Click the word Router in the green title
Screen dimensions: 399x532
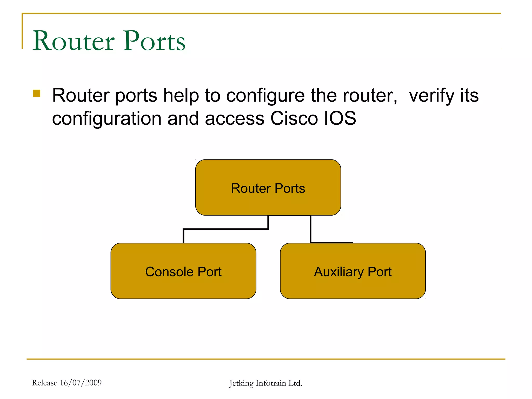coord(74,41)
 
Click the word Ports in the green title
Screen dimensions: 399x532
coord(154,41)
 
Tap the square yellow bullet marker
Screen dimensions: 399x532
coord(37,93)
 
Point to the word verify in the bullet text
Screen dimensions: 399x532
coord(431,96)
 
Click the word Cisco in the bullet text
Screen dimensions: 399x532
coord(294,118)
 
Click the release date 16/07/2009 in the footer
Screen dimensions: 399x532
coord(81,383)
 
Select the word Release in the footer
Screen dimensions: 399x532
coord(44,383)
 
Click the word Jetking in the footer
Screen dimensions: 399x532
coord(241,383)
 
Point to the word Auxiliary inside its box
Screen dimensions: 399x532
coord(338,272)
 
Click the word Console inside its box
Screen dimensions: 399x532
coord(169,272)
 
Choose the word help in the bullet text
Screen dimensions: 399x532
coord(181,96)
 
